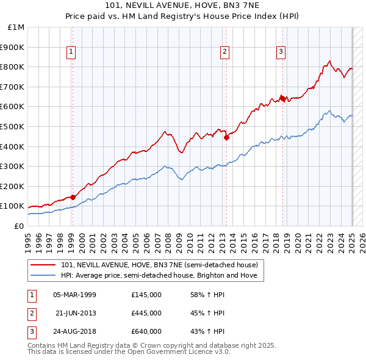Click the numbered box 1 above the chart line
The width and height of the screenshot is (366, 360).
coord(71,52)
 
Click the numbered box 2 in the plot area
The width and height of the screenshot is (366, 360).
coord(224,52)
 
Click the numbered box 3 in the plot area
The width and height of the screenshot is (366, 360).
coord(281,52)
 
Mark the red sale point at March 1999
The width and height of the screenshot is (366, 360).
coord(73,196)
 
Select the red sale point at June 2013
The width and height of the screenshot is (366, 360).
coord(226,137)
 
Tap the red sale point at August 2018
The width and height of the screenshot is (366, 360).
coord(282,98)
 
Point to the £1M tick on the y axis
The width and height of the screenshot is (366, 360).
coord(16,27)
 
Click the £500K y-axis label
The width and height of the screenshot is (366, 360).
coord(13,126)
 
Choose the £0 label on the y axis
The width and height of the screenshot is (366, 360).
coord(19,226)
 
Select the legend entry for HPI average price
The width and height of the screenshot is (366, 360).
coord(162,275)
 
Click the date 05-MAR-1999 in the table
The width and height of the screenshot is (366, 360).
coord(75,295)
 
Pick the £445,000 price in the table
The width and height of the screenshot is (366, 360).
coord(146,313)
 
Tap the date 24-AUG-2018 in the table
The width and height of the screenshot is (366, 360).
coord(75,331)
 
